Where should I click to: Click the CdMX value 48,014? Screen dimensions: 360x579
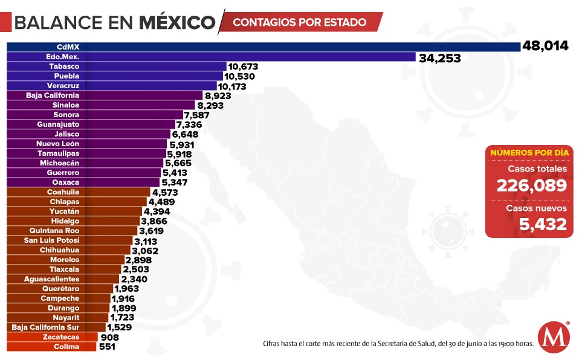546,46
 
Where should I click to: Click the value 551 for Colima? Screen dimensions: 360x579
106,347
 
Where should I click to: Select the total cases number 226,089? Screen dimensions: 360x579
531,185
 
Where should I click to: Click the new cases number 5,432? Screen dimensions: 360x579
543,224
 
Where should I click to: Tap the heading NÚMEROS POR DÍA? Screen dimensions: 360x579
529,152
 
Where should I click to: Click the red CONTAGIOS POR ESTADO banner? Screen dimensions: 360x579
300,22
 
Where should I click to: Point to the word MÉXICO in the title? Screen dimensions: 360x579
177,22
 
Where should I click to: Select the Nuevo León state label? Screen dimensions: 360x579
57,144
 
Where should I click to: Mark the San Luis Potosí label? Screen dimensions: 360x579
51,240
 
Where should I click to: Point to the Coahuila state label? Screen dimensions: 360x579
63,192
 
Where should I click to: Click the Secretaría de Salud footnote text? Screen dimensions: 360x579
398,344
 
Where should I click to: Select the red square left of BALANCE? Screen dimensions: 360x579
5,22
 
